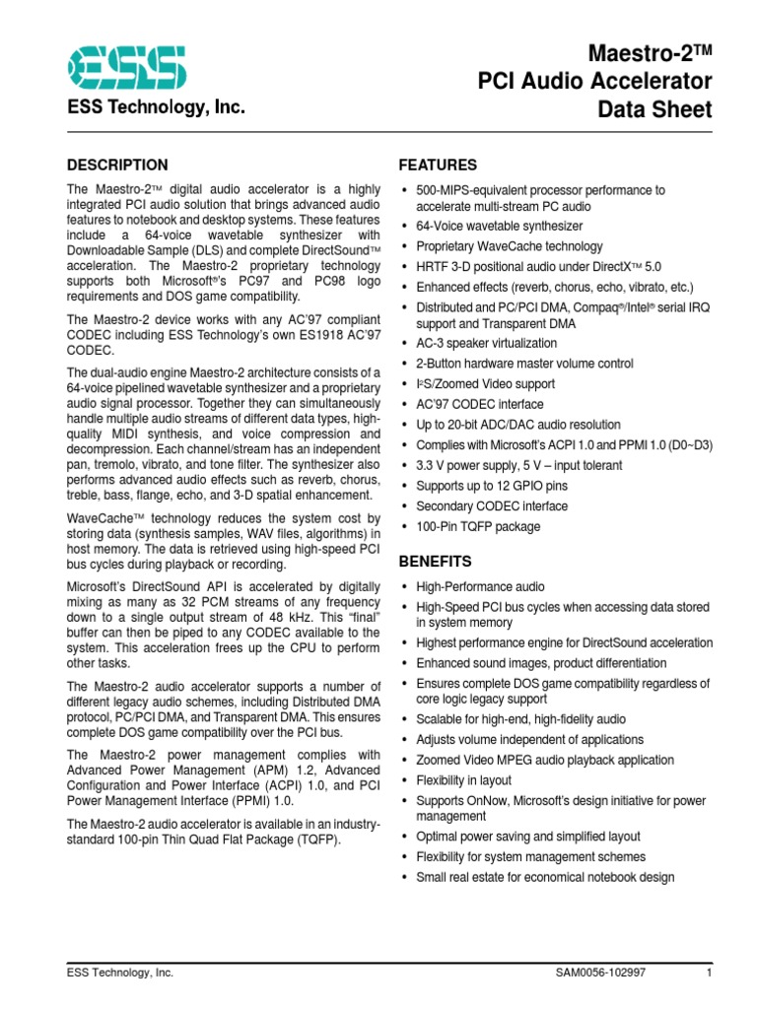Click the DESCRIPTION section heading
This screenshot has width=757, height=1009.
116,165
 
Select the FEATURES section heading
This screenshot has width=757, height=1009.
437,165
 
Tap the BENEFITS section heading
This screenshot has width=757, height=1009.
435,562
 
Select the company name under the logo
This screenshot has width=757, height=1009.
155,108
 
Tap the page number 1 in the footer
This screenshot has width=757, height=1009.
709,973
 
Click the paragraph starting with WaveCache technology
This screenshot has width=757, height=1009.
223,541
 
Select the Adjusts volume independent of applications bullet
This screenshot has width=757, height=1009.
529,740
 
